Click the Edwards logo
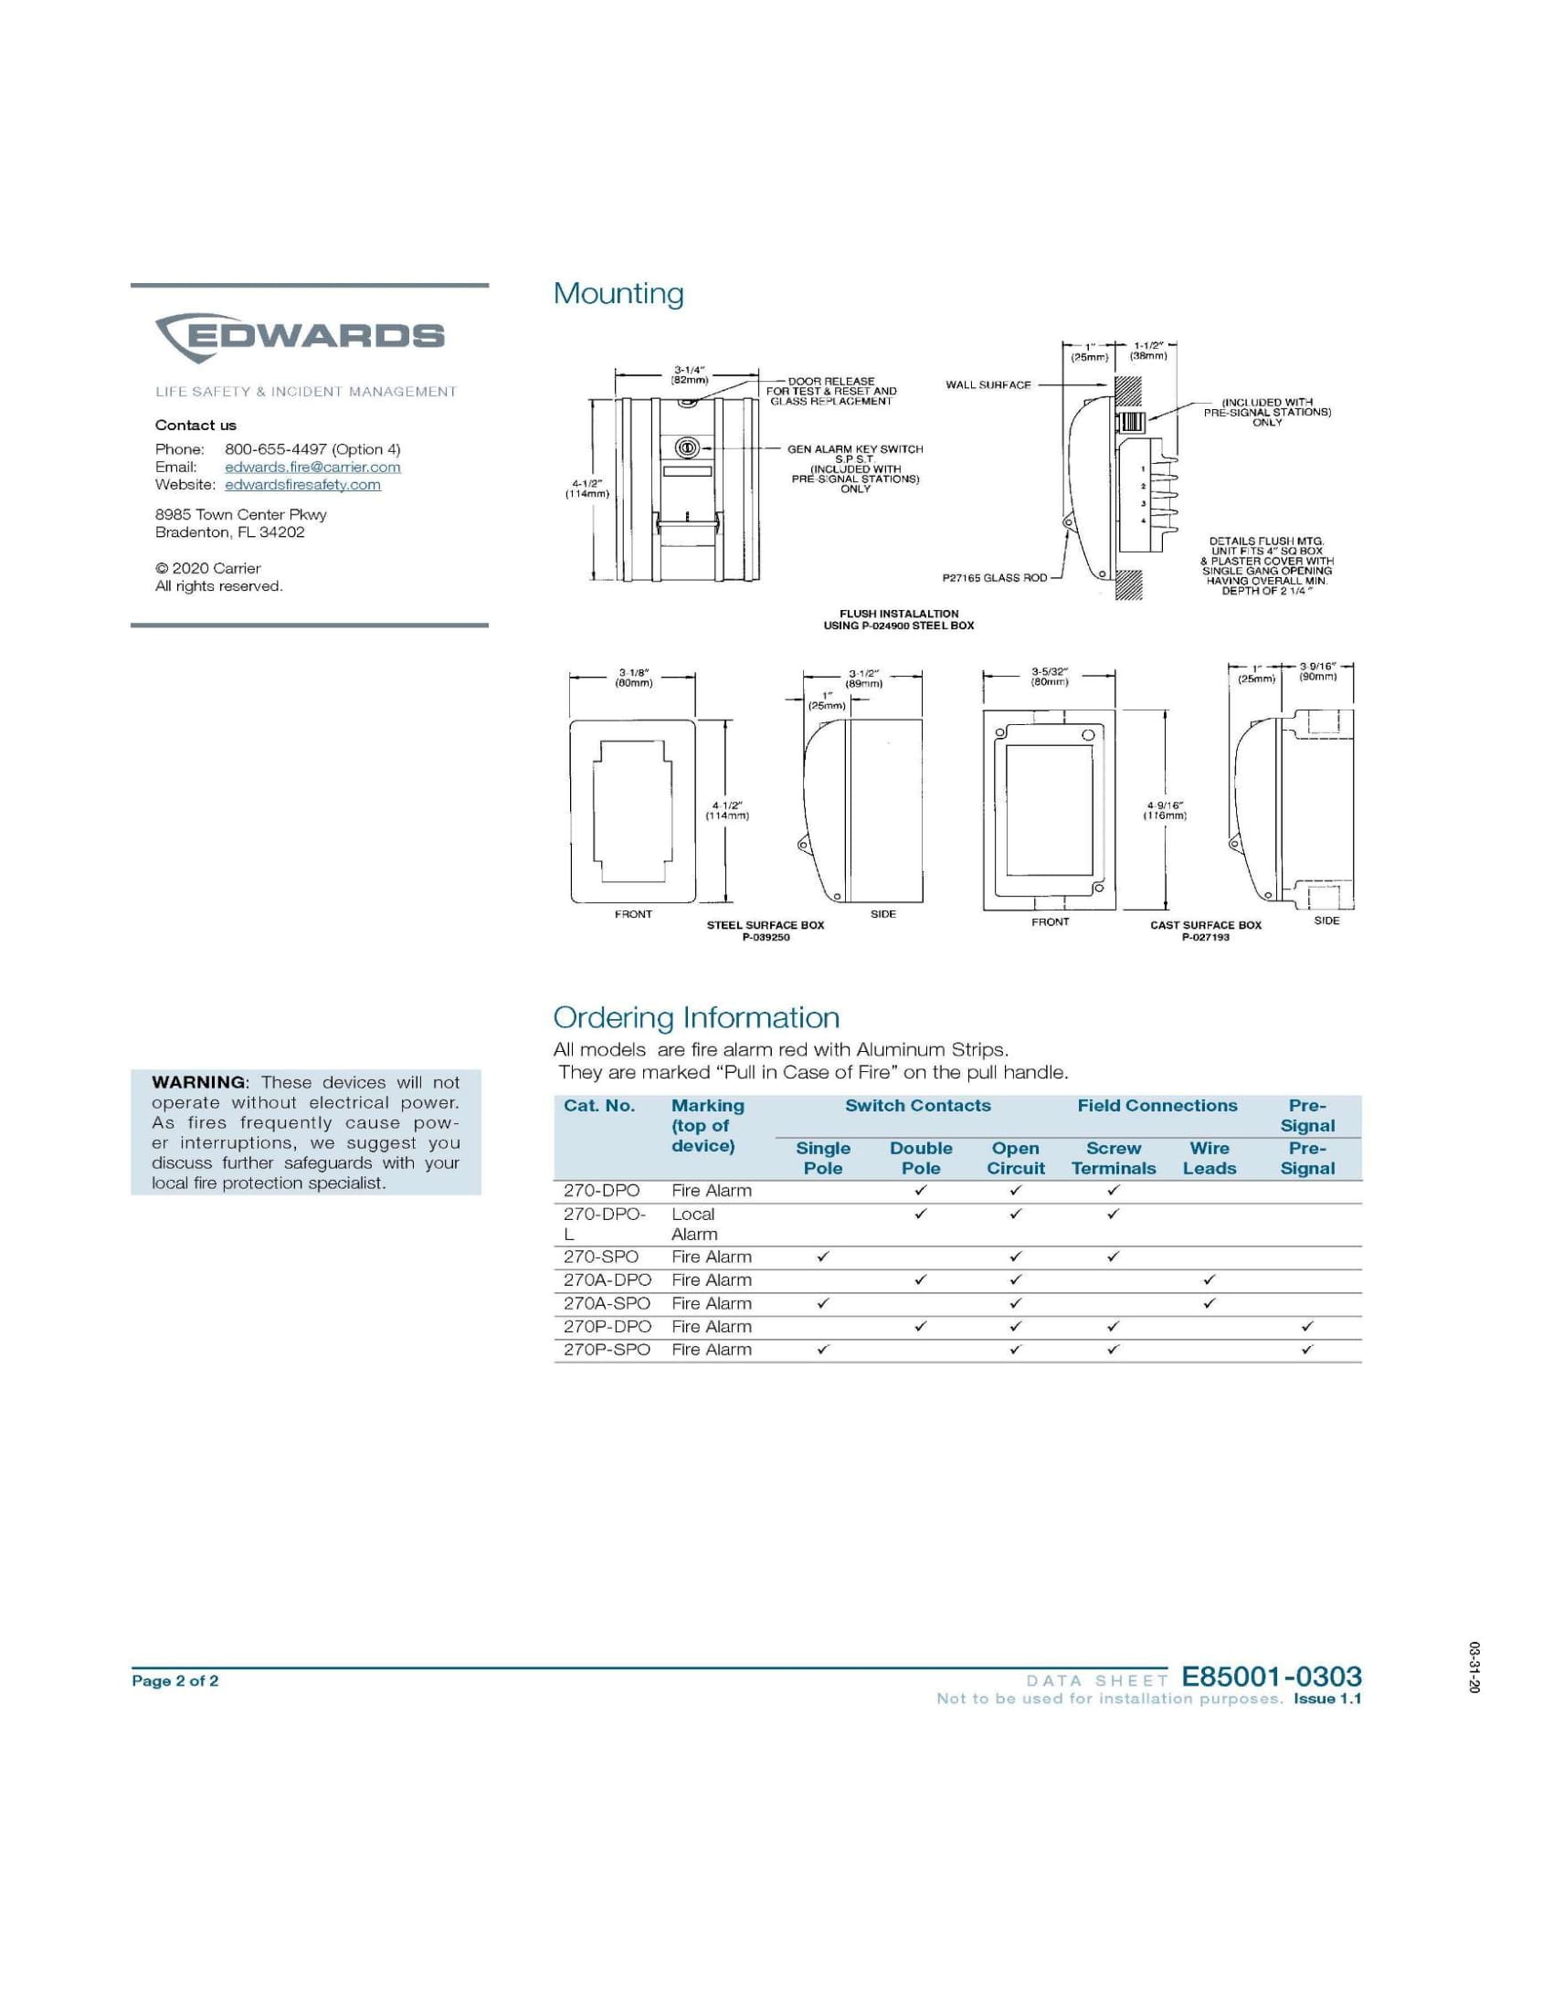coord(299,337)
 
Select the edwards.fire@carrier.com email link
coord(312,467)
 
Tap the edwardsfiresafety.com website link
coord(301,484)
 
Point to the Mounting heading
coord(618,293)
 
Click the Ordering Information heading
coord(695,1017)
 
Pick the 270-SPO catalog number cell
coord(601,1257)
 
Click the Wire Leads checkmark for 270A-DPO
coord(1209,1279)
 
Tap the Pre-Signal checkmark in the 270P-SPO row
coord(1307,1350)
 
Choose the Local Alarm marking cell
coord(693,1225)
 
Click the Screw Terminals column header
coord(1114,1158)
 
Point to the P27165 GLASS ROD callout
coord(995,578)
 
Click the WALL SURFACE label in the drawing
coord(988,384)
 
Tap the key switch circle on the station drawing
coord(687,447)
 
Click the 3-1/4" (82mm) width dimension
coord(689,374)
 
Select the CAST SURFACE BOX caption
coord(1205,925)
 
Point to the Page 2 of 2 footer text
coord(174,1680)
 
